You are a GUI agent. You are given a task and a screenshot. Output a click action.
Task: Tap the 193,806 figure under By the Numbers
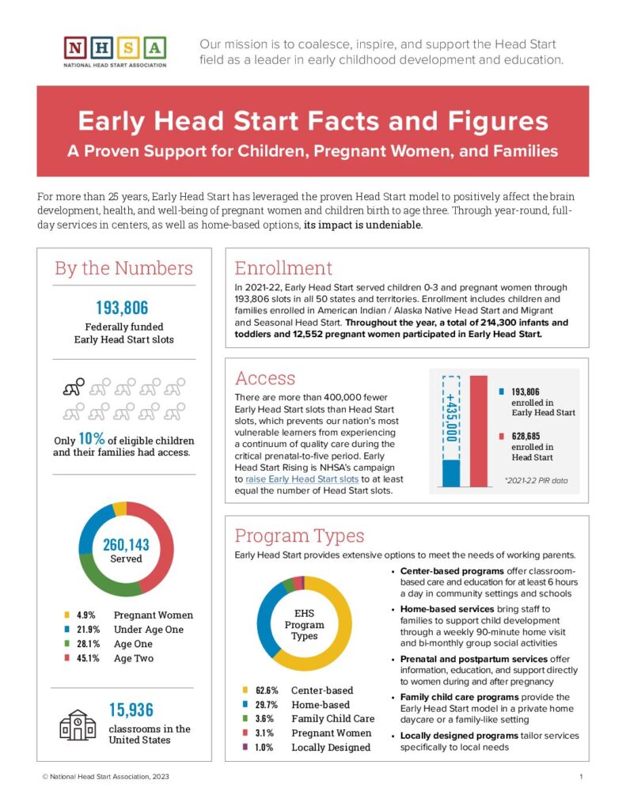(123, 308)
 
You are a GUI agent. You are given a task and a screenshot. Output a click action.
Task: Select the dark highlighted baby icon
(74, 388)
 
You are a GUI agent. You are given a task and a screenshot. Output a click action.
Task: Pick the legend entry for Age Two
(108, 658)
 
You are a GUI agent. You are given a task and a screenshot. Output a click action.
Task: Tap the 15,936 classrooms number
(131, 710)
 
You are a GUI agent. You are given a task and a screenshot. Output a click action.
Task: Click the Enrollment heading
(283, 267)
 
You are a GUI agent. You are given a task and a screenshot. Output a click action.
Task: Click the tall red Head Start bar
(478, 431)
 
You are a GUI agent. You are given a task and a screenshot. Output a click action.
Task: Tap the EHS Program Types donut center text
(304, 624)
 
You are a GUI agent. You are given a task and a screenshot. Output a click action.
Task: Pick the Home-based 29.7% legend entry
(298, 704)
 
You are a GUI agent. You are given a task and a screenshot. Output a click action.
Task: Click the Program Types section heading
(299, 536)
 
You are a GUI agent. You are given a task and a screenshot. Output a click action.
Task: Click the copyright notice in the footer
(106, 777)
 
